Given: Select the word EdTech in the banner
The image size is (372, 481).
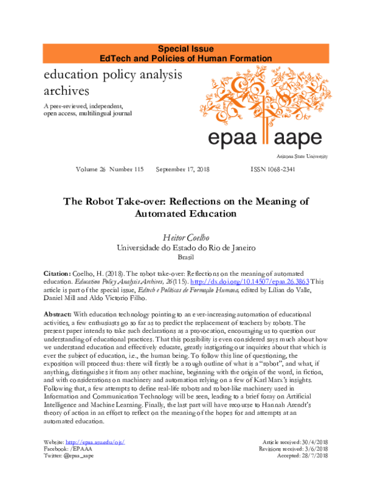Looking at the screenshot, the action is click(115, 58).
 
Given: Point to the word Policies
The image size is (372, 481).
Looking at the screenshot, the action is click(166, 58).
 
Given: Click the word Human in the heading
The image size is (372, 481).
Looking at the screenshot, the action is click(213, 58).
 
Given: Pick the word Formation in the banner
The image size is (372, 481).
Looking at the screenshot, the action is click(252, 58).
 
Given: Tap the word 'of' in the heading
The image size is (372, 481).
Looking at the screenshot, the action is click(190, 58).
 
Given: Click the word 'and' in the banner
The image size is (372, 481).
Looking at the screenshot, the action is click(139, 58).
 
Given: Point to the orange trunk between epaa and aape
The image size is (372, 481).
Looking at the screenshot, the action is click(265, 133).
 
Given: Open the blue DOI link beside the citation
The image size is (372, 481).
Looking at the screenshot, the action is click(249, 281).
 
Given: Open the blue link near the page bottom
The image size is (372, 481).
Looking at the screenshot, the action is click(95, 442).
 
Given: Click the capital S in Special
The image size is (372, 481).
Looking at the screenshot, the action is click(161, 48).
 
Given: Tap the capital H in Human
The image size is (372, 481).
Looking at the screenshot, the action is click(200, 58).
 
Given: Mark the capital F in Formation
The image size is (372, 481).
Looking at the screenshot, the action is click(234, 58).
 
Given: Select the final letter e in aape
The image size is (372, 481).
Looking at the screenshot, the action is click(316, 138).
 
